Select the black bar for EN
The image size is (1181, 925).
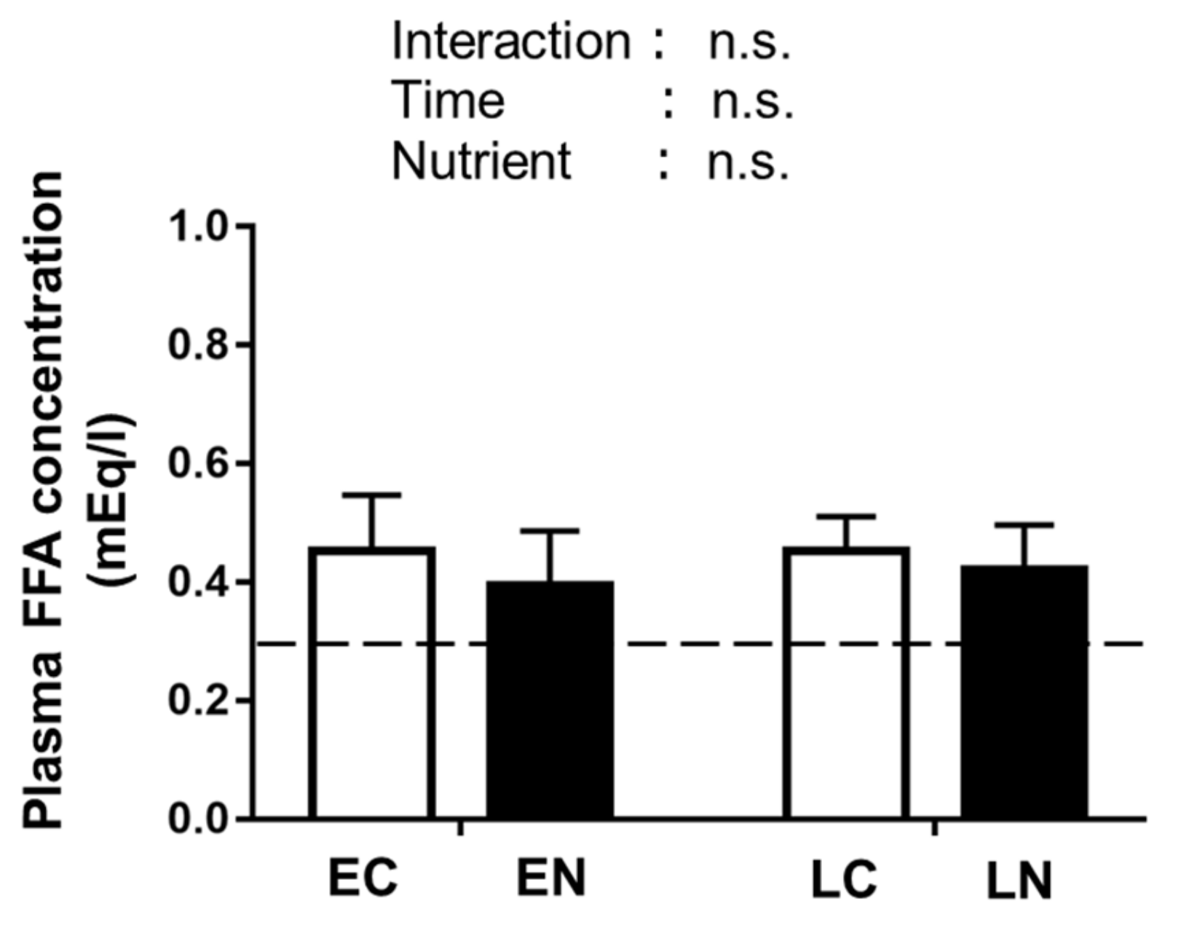pyautogui.click(x=550, y=699)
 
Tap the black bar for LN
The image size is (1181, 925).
pyautogui.click(x=1024, y=692)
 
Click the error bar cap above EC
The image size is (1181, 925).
pyautogui.click(x=372, y=495)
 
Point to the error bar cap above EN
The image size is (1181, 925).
pyautogui.click(x=550, y=532)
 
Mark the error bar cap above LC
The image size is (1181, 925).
pyautogui.click(x=847, y=516)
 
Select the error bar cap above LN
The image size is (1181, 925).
pyautogui.click(x=1024, y=525)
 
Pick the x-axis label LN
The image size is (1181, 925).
pyautogui.click(x=1020, y=882)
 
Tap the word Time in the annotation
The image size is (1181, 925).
pyautogui.click(x=448, y=101)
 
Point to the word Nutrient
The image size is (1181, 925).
pyautogui.click(x=481, y=160)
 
